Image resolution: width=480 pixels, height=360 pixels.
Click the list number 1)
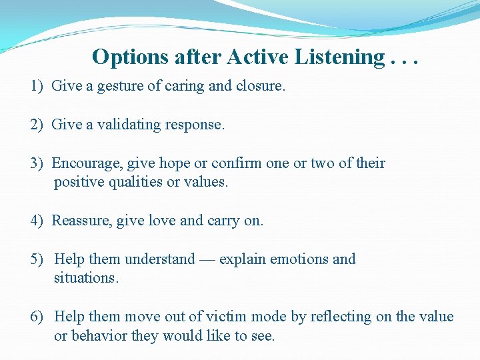(x=37, y=86)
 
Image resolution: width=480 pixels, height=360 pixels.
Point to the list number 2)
(x=37, y=125)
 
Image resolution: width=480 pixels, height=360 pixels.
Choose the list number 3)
(x=37, y=163)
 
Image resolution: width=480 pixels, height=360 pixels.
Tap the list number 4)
(x=37, y=221)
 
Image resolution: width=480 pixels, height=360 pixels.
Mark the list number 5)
(x=37, y=259)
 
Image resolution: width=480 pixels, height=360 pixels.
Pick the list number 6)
(x=37, y=317)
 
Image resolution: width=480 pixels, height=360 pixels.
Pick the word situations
(x=86, y=278)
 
